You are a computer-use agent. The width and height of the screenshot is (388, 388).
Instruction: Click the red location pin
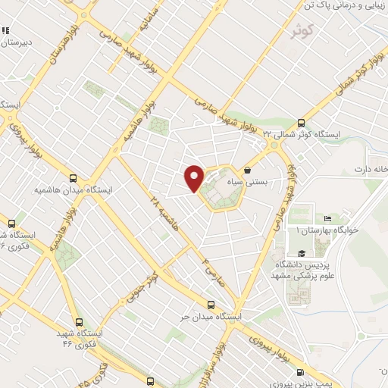(194, 177)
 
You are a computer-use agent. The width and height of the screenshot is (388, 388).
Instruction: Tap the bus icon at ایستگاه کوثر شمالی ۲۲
(302, 121)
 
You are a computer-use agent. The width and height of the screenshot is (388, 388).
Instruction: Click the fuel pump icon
(302, 372)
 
